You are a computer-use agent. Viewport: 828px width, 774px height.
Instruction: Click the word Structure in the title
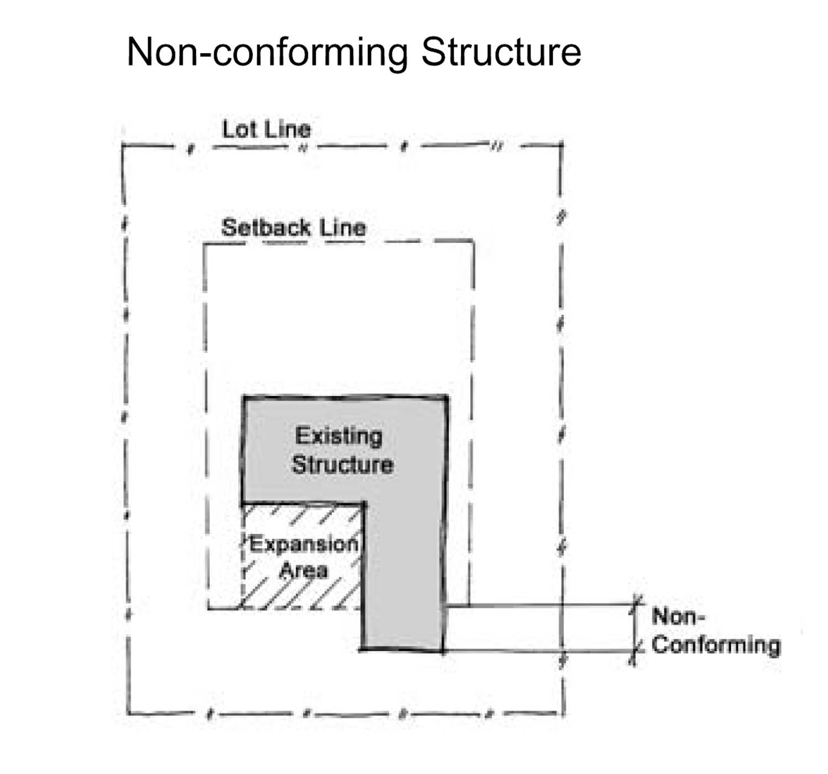coord(501,52)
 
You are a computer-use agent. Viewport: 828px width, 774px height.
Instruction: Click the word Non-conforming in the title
coord(267,52)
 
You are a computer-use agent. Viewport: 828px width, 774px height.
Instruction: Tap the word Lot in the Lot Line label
coord(240,129)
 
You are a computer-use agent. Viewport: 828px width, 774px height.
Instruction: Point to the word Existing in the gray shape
coord(338,436)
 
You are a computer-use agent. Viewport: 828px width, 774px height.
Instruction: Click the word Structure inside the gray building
coord(342,464)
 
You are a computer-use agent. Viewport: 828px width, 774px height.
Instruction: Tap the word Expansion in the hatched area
coord(304,545)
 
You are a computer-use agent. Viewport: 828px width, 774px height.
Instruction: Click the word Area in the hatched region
coord(304,570)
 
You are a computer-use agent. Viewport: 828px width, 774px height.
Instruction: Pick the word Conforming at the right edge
coord(716,645)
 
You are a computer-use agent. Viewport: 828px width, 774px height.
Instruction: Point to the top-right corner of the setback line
coord(473,241)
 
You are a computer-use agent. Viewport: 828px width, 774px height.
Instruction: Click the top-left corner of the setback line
coord(205,244)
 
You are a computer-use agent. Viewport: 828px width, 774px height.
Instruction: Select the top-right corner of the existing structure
coord(447,396)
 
